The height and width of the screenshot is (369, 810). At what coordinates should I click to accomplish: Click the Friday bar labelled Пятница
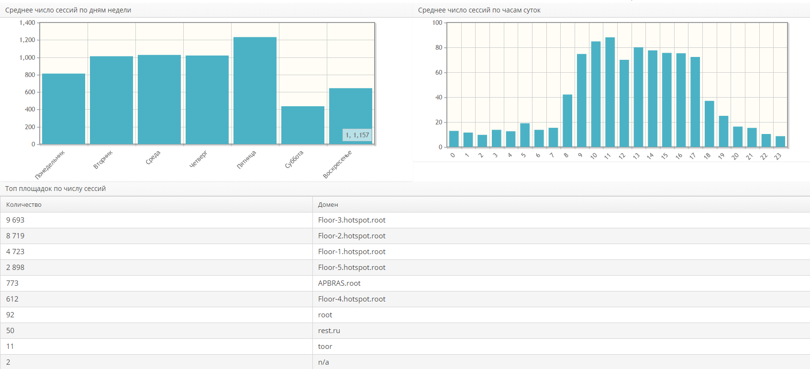(255, 90)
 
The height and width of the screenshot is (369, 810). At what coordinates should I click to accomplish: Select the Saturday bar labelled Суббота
(303, 125)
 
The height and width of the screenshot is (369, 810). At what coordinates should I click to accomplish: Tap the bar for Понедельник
(64, 109)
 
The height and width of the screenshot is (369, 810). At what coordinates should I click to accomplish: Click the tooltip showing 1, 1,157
(357, 135)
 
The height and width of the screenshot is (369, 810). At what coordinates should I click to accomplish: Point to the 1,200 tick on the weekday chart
(27, 40)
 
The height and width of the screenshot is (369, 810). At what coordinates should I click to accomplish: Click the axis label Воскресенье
(337, 164)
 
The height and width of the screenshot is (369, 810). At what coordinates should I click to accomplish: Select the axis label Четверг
(199, 159)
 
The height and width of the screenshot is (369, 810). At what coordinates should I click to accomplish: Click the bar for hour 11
(610, 92)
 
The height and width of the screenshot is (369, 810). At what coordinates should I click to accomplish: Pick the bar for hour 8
(567, 121)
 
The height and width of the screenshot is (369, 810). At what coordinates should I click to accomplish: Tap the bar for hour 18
(710, 123)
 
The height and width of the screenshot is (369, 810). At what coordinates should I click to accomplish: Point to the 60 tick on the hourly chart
(439, 73)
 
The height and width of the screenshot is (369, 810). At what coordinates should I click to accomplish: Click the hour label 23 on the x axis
(778, 156)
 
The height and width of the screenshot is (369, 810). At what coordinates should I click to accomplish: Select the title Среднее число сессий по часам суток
(479, 10)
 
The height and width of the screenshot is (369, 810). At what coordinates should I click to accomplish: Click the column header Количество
(24, 204)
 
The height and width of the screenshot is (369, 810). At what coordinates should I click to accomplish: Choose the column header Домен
(328, 204)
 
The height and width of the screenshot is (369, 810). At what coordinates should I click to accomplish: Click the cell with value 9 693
(15, 220)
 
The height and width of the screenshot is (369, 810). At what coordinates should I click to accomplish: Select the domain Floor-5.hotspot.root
(352, 268)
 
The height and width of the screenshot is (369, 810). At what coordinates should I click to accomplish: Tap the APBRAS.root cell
(339, 283)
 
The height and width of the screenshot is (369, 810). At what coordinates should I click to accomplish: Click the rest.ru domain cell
(329, 331)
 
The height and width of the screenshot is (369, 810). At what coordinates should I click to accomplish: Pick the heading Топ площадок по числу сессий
(55, 189)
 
